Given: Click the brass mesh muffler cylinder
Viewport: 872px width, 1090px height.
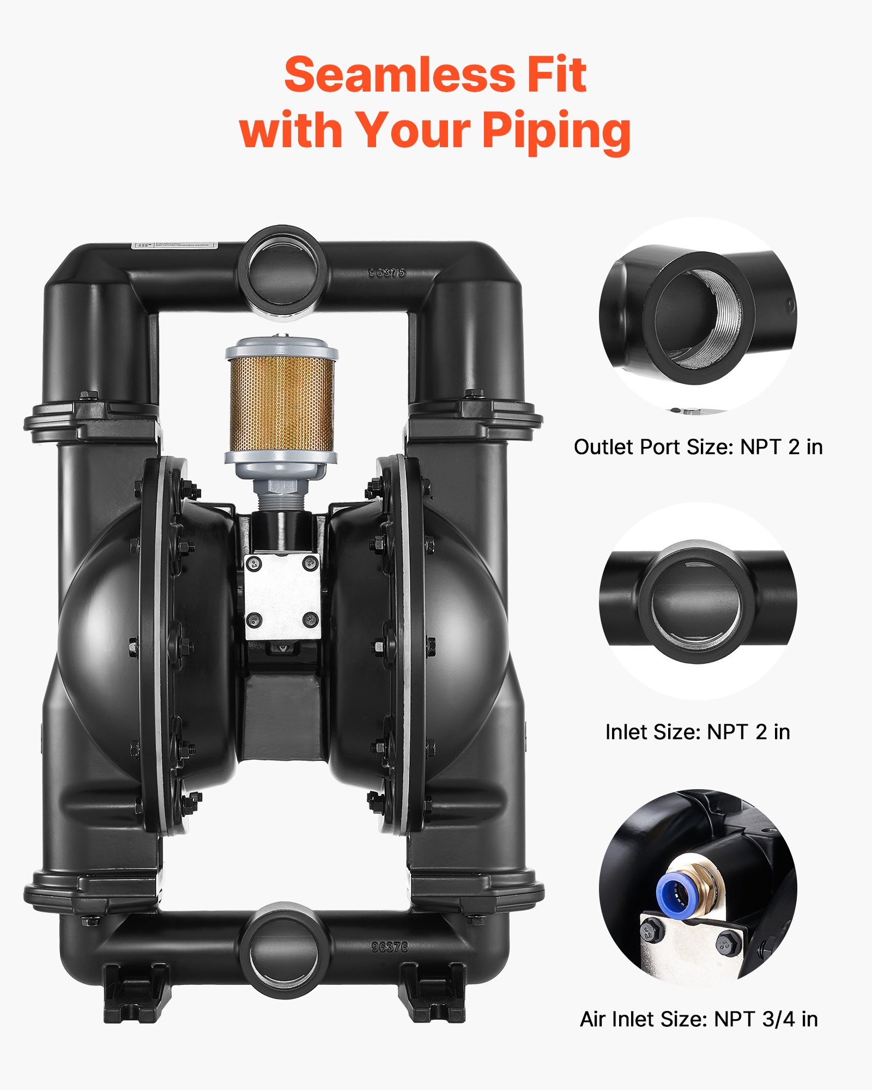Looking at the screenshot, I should coord(281,403).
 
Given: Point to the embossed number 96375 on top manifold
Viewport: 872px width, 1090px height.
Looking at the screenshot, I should coord(387,272).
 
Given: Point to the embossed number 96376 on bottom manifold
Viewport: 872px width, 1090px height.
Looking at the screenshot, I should coord(390,947).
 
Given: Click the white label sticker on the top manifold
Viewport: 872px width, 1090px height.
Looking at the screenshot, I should coord(174,245).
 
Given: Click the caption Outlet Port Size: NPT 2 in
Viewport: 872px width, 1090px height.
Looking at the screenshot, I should coord(698,447).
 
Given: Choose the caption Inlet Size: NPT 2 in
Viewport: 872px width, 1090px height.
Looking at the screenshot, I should coord(698,732).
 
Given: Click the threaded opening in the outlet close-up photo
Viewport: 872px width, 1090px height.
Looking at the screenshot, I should coord(700,319).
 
